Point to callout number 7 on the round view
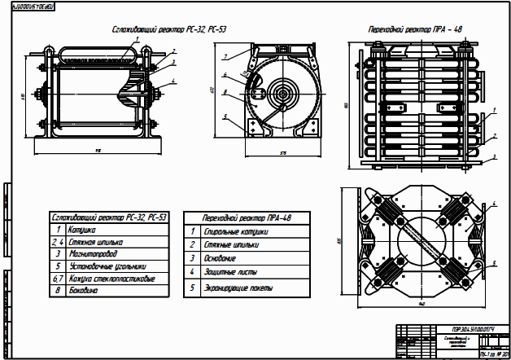222,56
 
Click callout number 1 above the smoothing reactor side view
138,37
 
